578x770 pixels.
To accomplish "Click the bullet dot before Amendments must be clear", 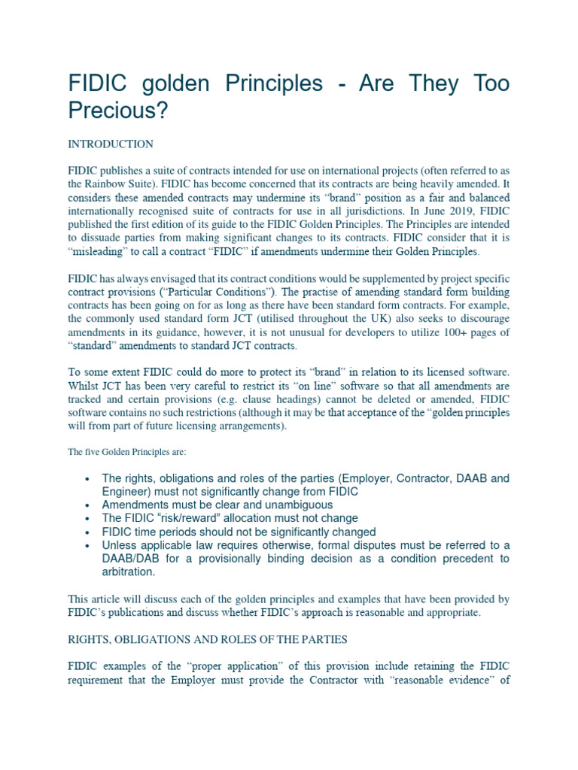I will (x=88, y=506).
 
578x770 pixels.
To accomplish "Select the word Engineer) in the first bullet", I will (x=126, y=491).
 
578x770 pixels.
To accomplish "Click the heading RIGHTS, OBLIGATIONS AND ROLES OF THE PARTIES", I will (x=208, y=640).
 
